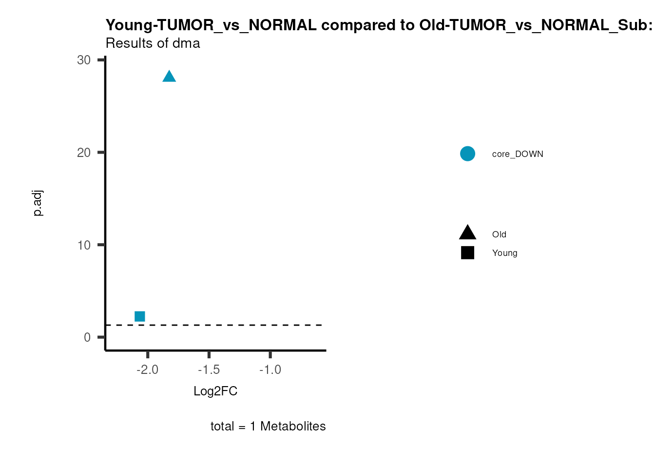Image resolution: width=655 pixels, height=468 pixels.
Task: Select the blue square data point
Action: tap(140, 316)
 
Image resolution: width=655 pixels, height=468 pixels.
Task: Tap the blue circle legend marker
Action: tap(467, 154)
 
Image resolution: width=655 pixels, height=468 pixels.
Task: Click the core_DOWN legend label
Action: tap(518, 154)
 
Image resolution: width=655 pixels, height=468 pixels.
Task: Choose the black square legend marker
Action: tap(467, 253)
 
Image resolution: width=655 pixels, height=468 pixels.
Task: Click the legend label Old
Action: tap(499, 234)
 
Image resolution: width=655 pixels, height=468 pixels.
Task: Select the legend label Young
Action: tap(504, 253)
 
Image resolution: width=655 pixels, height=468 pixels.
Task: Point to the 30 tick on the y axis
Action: tap(84, 60)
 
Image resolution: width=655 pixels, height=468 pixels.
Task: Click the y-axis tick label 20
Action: tap(84, 153)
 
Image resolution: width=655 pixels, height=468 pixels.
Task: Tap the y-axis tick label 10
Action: tap(84, 245)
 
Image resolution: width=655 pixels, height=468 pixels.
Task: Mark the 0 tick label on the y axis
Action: tap(87, 337)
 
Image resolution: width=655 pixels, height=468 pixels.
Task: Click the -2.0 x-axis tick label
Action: tap(147, 370)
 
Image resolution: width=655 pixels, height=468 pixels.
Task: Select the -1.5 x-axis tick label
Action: tap(209, 370)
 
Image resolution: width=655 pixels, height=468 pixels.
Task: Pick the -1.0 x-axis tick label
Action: tap(270, 370)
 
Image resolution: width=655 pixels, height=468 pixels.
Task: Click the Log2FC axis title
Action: tap(215, 391)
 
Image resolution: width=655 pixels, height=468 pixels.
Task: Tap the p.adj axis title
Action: tap(38, 203)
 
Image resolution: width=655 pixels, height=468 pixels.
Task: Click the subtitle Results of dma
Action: tap(153, 43)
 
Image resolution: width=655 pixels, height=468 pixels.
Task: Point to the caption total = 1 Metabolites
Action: tap(268, 426)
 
